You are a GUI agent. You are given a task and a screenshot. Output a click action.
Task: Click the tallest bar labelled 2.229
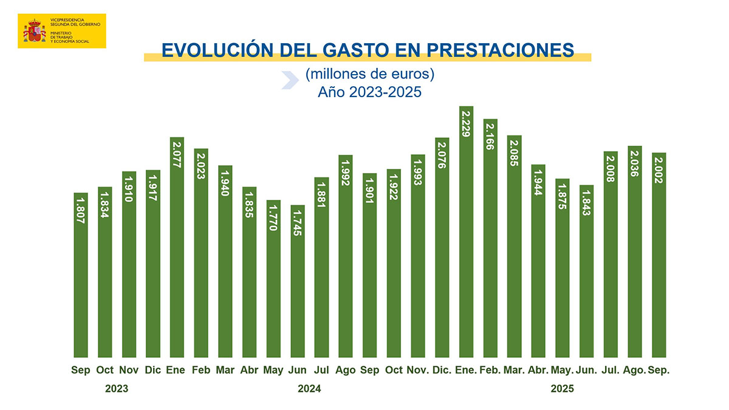pyautogui.click(x=466, y=237)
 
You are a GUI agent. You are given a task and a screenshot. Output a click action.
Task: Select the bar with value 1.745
pyautogui.click(x=298, y=285)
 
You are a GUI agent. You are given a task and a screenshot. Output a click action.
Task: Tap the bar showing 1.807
pyautogui.click(x=81, y=279)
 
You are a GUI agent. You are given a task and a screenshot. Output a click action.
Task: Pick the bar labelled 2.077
pyautogui.click(x=177, y=249)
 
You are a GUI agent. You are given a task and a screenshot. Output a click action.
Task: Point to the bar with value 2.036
pyautogui.click(x=635, y=255)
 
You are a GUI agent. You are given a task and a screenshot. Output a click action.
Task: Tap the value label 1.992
pyautogui.click(x=346, y=173)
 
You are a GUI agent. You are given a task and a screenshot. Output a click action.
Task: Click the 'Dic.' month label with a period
pyautogui.click(x=442, y=370)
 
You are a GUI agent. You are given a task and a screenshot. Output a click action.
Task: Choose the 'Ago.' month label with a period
pyautogui.click(x=634, y=370)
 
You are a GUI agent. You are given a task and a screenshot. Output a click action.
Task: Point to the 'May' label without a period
pyautogui.click(x=273, y=370)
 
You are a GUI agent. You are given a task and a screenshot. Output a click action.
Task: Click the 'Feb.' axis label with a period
pyautogui.click(x=490, y=370)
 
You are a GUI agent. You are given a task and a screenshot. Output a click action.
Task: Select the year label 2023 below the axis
pyautogui.click(x=117, y=389)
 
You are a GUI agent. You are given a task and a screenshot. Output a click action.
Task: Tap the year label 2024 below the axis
pyautogui.click(x=309, y=389)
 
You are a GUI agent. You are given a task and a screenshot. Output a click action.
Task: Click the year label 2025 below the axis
pyautogui.click(x=562, y=389)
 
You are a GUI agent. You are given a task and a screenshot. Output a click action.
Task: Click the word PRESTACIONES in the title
pyautogui.click(x=498, y=50)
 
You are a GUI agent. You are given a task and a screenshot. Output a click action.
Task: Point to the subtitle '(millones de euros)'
pyautogui.click(x=369, y=75)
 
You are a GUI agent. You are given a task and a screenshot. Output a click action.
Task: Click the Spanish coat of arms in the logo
pyautogui.click(x=35, y=31)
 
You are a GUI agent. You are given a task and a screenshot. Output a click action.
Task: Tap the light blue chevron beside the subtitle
pyautogui.click(x=290, y=80)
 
